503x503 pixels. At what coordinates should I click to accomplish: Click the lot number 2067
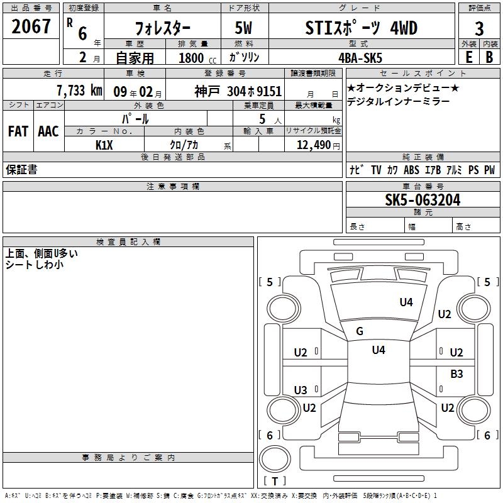(31, 26)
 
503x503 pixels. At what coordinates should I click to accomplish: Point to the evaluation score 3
(479, 29)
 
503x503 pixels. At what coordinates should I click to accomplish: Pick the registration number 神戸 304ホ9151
(238, 91)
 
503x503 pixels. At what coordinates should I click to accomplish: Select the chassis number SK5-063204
(423, 200)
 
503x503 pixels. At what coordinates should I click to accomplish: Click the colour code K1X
(104, 145)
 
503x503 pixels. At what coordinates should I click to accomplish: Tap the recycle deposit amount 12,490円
(317, 145)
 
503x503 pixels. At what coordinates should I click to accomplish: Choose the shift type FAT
(18, 131)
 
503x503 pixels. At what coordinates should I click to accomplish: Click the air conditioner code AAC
(48, 131)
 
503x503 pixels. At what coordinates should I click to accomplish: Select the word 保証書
(21, 170)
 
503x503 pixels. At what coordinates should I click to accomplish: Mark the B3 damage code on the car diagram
(456, 374)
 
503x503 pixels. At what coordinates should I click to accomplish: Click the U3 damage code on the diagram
(301, 390)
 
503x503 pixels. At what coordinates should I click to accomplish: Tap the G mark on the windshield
(360, 331)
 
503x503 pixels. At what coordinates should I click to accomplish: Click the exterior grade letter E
(468, 57)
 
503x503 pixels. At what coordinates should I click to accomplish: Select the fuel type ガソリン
(245, 57)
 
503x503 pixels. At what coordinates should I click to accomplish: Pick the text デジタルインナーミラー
(398, 101)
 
